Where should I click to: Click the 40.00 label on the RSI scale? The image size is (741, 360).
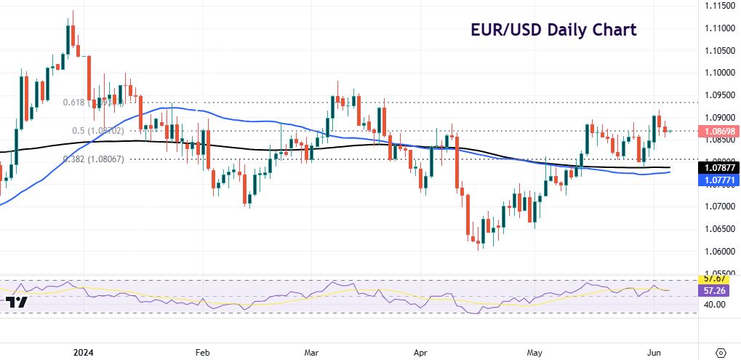click(716, 305)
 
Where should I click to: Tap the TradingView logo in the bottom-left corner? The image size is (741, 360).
click(16, 302)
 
